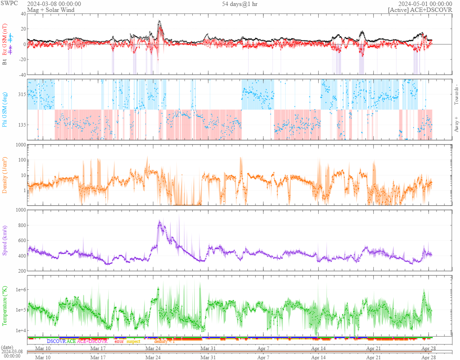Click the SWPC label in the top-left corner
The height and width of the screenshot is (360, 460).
point(7,4)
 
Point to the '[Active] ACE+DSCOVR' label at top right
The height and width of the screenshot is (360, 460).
point(420,10)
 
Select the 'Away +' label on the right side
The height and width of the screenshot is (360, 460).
point(456,124)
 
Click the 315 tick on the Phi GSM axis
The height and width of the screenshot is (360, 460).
point(21,94)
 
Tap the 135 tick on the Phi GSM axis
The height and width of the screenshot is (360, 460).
point(21,125)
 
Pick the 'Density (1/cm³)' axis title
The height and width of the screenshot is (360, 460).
point(5,175)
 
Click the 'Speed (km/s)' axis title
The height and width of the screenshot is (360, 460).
point(5,240)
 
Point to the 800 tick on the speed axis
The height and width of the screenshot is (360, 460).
point(20,225)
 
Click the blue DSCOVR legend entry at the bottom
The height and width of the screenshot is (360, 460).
point(56,341)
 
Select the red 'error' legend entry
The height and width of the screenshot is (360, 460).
point(119,341)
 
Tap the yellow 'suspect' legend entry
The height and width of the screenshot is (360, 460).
point(133,341)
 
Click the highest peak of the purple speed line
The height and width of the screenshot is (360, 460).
point(159,221)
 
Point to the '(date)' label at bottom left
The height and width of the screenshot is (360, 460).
point(8,347)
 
